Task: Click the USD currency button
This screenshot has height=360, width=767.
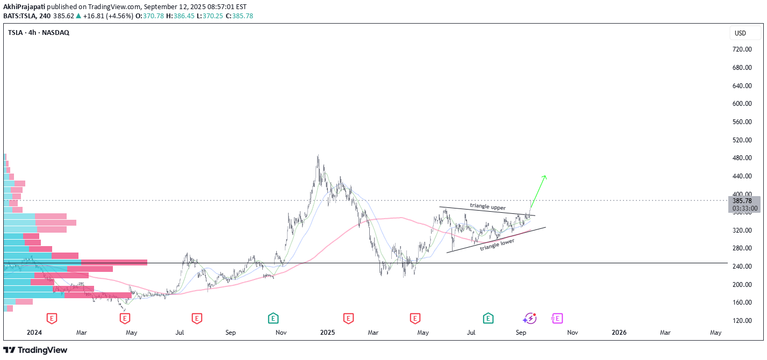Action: [x=740, y=33]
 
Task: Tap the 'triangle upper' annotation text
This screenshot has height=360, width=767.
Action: [x=488, y=206]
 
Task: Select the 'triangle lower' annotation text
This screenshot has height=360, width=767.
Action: [x=497, y=244]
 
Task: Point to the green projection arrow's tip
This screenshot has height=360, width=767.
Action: [x=545, y=176]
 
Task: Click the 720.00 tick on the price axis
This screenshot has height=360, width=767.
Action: [x=741, y=49]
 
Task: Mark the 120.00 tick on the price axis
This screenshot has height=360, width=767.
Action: [x=741, y=321]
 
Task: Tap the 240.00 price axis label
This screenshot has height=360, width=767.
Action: [x=741, y=267]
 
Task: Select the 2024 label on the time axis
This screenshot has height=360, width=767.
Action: [x=34, y=333]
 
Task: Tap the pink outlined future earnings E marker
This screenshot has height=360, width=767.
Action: [x=557, y=319]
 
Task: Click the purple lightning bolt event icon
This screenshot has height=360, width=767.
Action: [x=531, y=318]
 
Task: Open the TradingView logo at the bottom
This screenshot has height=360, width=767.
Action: [x=35, y=350]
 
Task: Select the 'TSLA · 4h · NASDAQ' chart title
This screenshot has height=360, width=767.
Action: [x=39, y=33]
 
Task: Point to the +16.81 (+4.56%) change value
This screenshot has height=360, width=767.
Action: [x=105, y=16]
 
